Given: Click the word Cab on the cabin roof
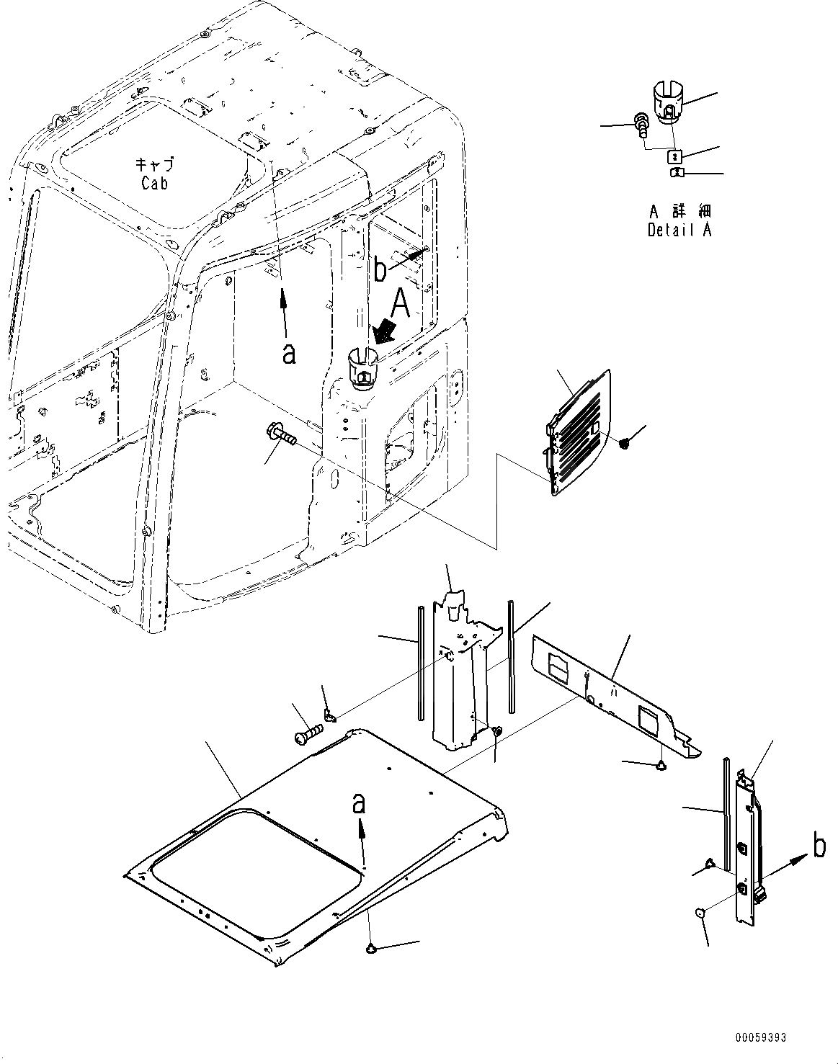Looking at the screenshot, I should point(154,184).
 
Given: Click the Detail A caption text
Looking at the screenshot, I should point(679,231).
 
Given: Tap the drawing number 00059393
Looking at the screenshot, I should point(760,1038).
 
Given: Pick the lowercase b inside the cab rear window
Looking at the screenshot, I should point(380,272).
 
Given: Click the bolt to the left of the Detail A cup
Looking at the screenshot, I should point(639,124).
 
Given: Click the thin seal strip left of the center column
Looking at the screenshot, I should point(419,663).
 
